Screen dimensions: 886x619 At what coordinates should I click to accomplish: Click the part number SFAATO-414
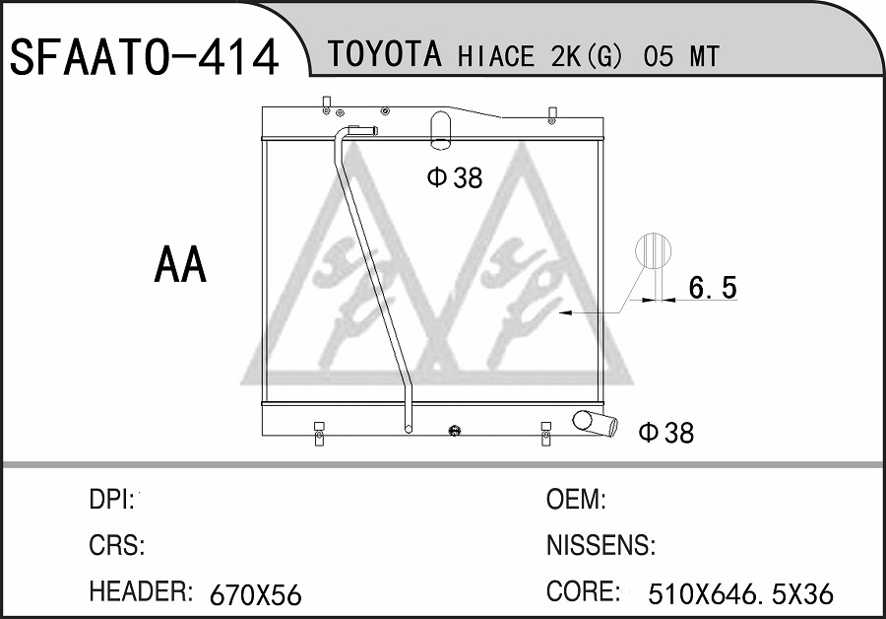(x=144, y=57)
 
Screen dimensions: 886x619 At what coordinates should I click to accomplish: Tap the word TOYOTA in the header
(x=384, y=54)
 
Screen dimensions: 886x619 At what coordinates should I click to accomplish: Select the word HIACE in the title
(x=495, y=56)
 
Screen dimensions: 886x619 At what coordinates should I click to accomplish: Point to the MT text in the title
(x=704, y=56)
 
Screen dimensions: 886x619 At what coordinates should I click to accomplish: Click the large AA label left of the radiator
(x=180, y=265)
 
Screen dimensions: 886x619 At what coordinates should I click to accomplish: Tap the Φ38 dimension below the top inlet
(x=455, y=177)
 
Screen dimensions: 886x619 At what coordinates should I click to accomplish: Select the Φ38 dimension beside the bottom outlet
(x=666, y=433)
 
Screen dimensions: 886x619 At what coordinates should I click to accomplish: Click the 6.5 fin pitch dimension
(x=713, y=288)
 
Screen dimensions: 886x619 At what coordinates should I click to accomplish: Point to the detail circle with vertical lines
(x=654, y=249)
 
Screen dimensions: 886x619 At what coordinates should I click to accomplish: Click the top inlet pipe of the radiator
(x=441, y=131)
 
